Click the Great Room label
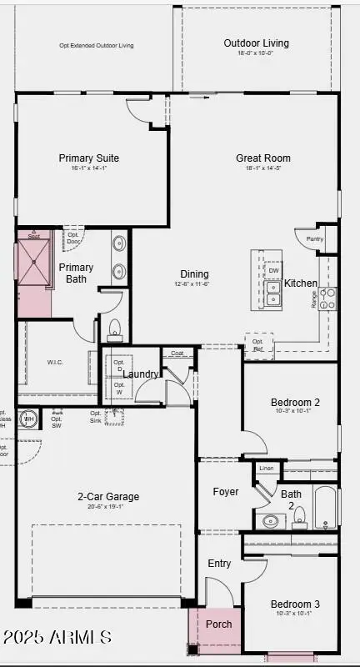[x=262, y=158]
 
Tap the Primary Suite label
[x=88, y=158]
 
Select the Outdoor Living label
[x=256, y=43]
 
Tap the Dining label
[x=194, y=273]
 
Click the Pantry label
[x=314, y=239]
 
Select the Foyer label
[x=225, y=492]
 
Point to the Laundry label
[x=141, y=374]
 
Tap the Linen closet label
[x=267, y=469]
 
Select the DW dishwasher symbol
[x=273, y=270]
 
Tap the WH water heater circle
[x=29, y=418]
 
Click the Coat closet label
[x=177, y=353]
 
